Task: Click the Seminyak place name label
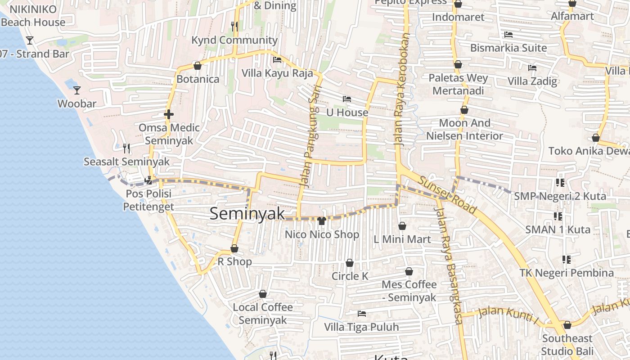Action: coord(247,213)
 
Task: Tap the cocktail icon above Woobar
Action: coord(77,90)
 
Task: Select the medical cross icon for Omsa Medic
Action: coord(169,114)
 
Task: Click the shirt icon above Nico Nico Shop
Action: coord(321,220)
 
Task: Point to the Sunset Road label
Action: coord(447,195)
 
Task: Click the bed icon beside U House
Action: coord(346,99)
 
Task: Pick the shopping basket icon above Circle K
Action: coord(350,263)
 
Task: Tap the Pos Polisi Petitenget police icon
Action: coord(148,181)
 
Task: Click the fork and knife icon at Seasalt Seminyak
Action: coord(126,148)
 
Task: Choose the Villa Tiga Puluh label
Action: coord(361,327)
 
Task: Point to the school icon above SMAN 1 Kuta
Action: coord(558,216)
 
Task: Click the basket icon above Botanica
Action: coord(197,66)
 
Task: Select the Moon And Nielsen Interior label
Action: coord(465,129)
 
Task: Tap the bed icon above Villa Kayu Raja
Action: coord(277,59)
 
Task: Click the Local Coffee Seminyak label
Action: coord(263,314)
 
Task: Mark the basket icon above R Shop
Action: coord(234,248)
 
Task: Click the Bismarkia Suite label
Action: coord(508,48)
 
